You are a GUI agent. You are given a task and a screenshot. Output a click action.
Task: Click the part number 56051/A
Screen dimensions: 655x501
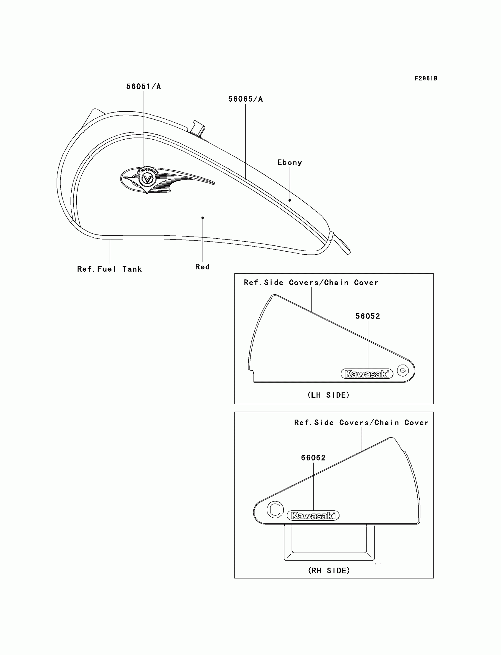[x=144, y=86]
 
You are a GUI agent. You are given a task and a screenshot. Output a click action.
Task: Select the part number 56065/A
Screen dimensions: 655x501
[x=245, y=99]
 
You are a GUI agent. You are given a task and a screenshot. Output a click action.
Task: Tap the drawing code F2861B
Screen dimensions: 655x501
[x=426, y=78]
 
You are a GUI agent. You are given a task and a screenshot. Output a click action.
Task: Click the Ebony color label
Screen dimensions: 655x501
[x=290, y=162]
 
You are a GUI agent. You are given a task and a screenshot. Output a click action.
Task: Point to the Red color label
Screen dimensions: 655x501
[x=202, y=267]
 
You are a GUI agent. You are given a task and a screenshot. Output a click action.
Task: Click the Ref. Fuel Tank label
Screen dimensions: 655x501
[x=109, y=269]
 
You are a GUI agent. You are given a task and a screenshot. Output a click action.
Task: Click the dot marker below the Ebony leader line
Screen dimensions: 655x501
[x=290, y=200]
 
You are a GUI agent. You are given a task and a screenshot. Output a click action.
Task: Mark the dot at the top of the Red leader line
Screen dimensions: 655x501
[x=203, y=218]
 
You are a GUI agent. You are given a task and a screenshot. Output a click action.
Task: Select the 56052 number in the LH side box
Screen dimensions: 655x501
[x=368, y=316]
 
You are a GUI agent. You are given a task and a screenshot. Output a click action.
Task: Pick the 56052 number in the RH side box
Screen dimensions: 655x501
[x=313, y=458]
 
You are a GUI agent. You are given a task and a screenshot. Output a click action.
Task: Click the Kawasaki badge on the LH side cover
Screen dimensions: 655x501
[x=367, y=374]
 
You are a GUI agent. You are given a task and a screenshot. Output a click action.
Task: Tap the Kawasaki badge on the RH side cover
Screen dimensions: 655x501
[x=313, y=515]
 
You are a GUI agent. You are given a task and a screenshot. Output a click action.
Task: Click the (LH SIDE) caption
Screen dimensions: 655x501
[x=328, y=395]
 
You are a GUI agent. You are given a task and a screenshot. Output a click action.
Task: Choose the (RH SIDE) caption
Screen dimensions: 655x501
[x=329, y=570]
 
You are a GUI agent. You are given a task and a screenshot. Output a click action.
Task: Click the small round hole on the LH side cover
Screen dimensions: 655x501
[x=403, y=371]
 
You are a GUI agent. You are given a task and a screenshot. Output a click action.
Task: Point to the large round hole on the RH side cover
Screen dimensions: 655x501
[x=275, y=509]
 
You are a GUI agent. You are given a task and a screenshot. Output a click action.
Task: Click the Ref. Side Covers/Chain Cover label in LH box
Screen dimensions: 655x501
[x=311, y=282]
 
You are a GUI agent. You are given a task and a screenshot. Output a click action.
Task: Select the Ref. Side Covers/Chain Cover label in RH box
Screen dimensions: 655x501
[x=361, y=423]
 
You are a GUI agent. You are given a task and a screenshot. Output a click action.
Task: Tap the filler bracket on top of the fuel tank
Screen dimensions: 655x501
[x=197, y=128]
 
